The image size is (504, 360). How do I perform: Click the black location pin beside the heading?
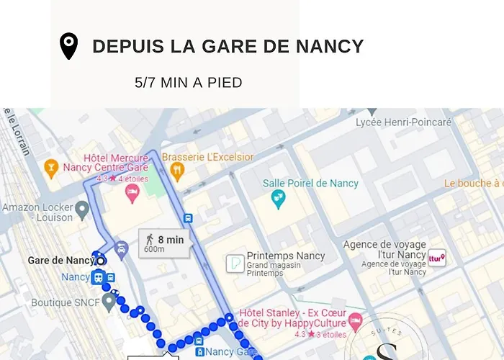coord(68,46)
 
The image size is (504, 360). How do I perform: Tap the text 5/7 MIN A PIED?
coord(189,83)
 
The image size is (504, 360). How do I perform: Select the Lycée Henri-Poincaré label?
coord(404,122)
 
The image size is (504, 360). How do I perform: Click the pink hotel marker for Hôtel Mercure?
coord(132,192)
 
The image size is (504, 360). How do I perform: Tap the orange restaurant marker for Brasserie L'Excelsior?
coord(177,171)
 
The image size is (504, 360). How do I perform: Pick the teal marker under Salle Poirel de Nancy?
coord(278,199)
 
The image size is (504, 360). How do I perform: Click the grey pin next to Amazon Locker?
coord(82,210)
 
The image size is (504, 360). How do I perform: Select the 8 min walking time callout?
coord(165,243)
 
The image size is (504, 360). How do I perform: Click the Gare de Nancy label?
coord(60,260)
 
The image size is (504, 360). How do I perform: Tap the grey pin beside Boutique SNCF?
coord(109,302)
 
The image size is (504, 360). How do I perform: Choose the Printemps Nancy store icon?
coord(235,264)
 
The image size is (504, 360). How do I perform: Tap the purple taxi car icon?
coord(122,250)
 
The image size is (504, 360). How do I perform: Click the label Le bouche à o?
coord(473,184)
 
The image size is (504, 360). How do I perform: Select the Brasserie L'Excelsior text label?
coord(208,157)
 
